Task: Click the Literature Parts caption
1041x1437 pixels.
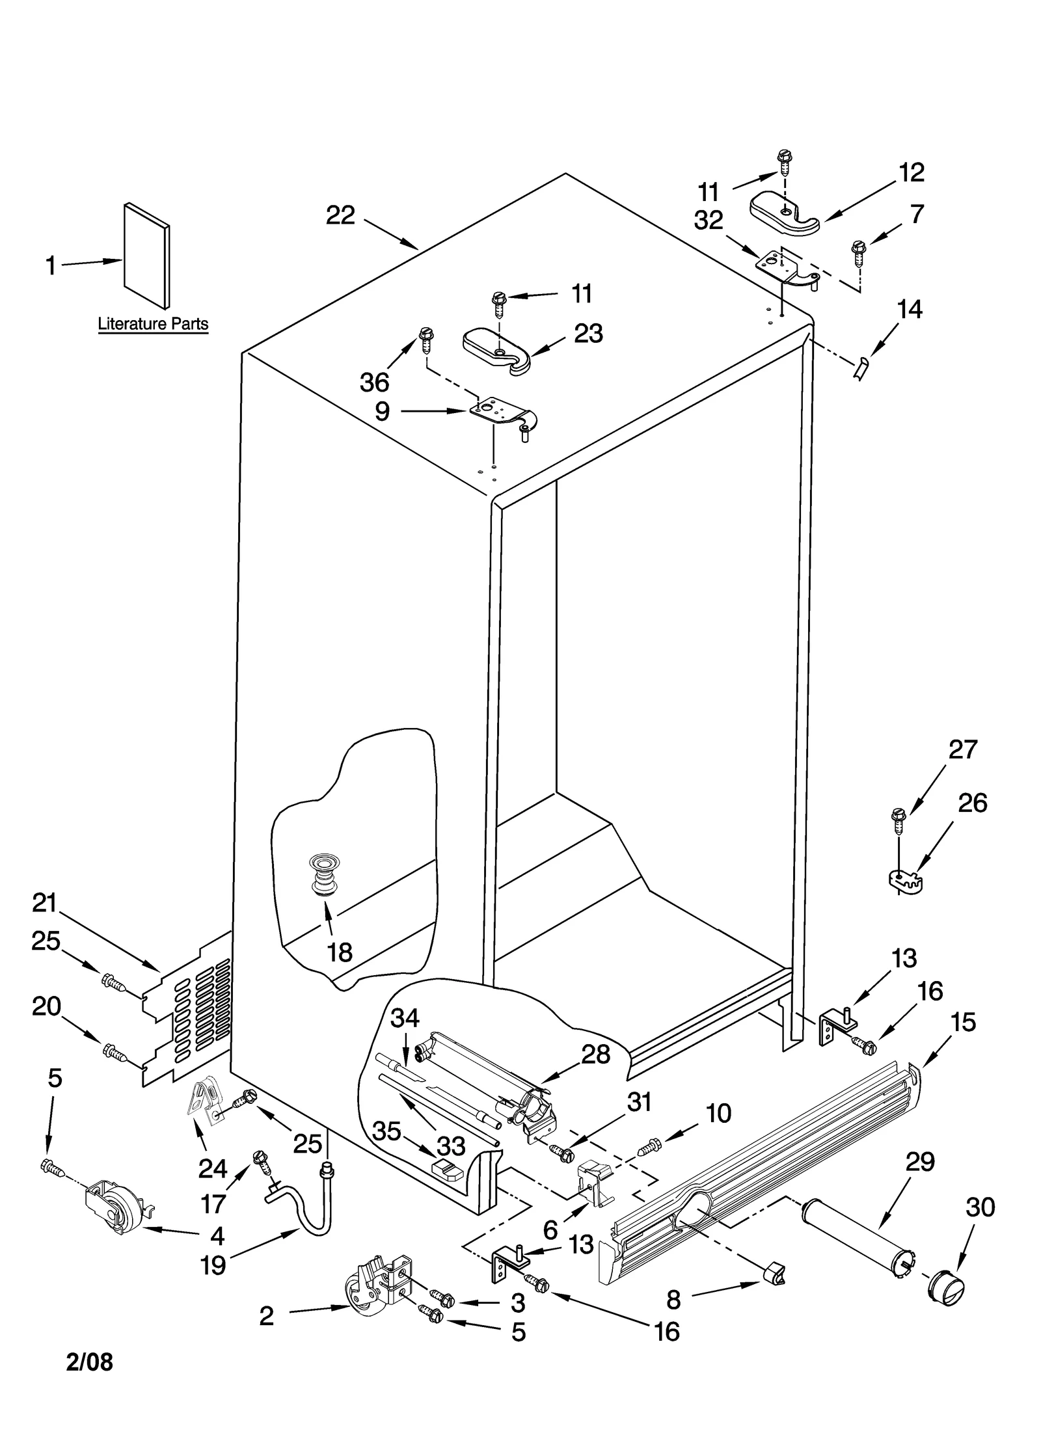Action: tap(153, 323)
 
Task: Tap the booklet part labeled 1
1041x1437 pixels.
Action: tap(147, 255)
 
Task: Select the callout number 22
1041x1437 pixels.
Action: tap(340, 215)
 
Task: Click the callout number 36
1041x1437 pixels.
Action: tap(375, 382)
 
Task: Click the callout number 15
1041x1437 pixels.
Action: tap(964, 1022)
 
